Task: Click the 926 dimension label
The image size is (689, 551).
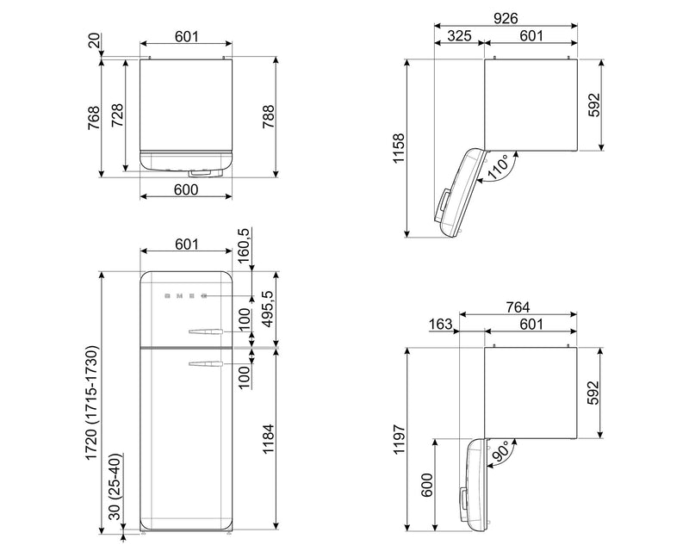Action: pyautogui.click(x=506, y=18)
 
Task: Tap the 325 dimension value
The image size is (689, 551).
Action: pyautogui.click(x=459, y=35)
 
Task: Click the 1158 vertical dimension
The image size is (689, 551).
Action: pyautogui.click(x=399, y=149)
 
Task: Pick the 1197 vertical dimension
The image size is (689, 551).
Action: pyautogui.click(x=399, y=439)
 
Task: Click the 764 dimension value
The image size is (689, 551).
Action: pyautogui.click(x=518, y=306)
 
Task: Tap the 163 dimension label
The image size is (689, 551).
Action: pyautogui.click(x=440, y=324)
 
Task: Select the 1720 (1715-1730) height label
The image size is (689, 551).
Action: pyautogui.click(x=91, y=403)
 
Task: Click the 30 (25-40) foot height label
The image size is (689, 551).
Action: pyautogui.click(x=115, y=486)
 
